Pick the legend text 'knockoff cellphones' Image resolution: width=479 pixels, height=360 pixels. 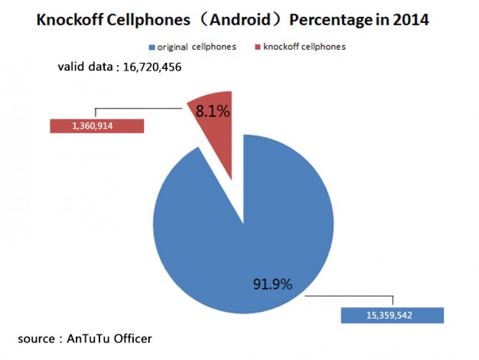pos(305,47)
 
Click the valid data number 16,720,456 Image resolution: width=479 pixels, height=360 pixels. pos(148,67)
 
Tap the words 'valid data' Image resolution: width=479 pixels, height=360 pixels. pos(84,67)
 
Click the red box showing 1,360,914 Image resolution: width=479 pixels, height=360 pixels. pos(96,126)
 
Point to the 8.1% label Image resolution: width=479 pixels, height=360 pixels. pos(213,111)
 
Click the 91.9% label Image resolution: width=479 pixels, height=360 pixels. pos(273,284)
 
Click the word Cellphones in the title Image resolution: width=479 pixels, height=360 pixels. pos(151,19)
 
